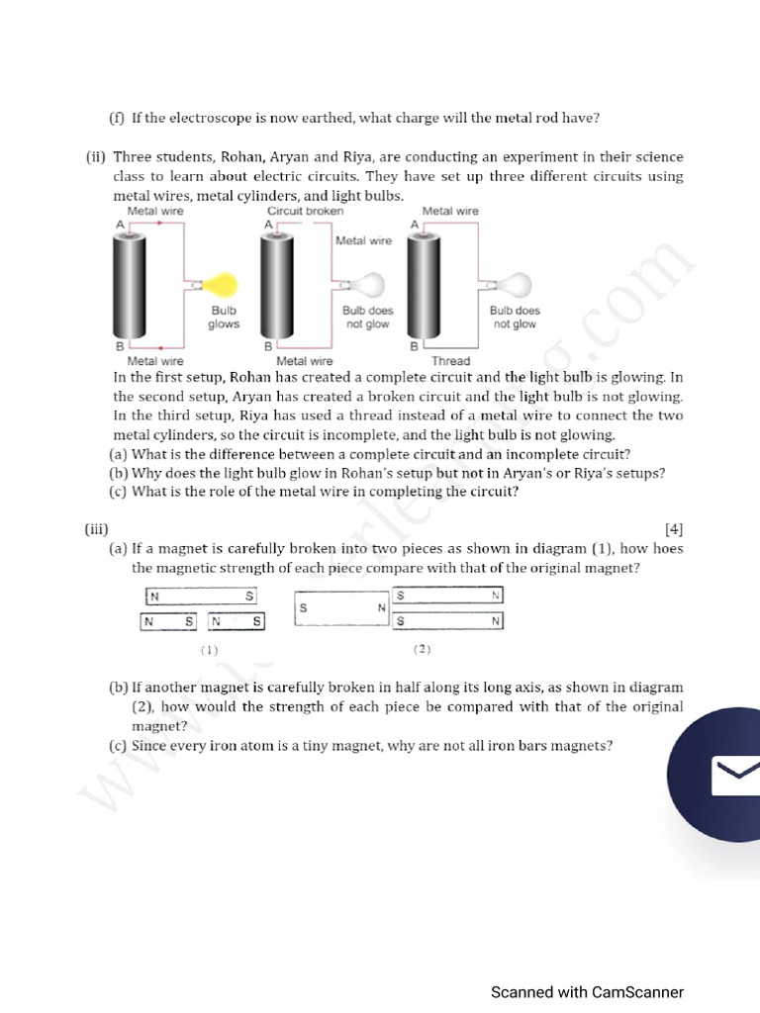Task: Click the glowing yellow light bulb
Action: click(225, 285)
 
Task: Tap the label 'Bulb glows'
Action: click(224, 318)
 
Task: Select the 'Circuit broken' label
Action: click(306, 211)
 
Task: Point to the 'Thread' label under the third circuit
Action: click(450, 361)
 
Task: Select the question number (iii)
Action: click(96, 528)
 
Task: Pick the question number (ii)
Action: click(96, 157)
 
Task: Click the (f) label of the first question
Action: click(117, 118)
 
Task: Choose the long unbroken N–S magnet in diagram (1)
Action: click(201, 596)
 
